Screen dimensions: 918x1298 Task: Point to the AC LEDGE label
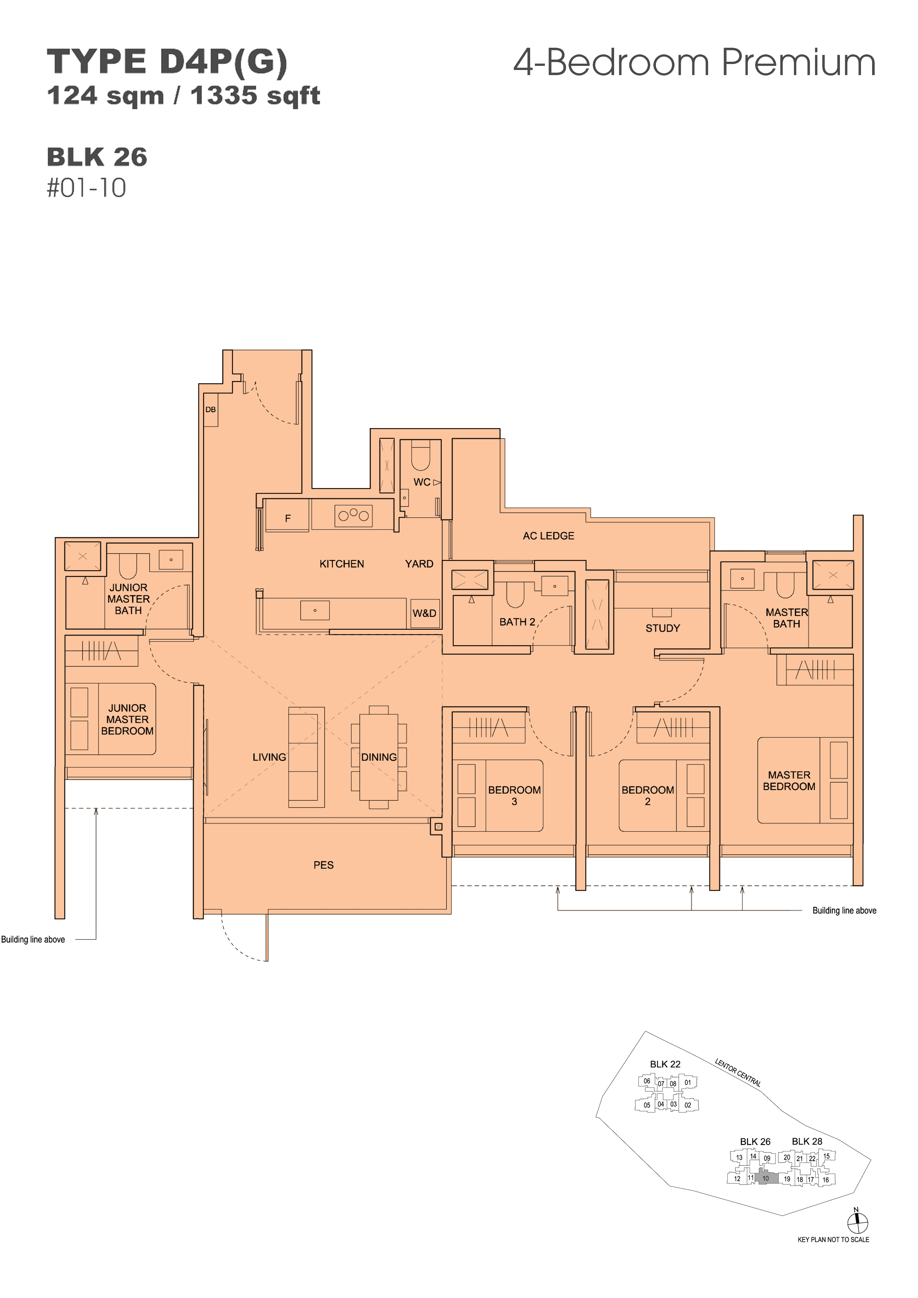pyautogui.click(x=548, y=536)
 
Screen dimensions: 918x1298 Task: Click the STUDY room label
pyautogui.click(x=662, y=628)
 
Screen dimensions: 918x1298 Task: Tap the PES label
pyautogui.click(x=324, y=865)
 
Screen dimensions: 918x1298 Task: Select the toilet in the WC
pyautogui.click(x=420, y=455)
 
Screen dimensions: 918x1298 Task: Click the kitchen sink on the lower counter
pyautogui.click(x=315, y=611)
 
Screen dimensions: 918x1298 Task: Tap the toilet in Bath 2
pyautogui.click(x=515, y=593)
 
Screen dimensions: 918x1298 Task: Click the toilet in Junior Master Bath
pyautogui.click(x=128, y=566)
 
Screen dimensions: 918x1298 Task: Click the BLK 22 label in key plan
pyautogui.click(x=665, y=1064)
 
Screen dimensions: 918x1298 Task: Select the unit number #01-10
pyautogui.click(x=87, y=188)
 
